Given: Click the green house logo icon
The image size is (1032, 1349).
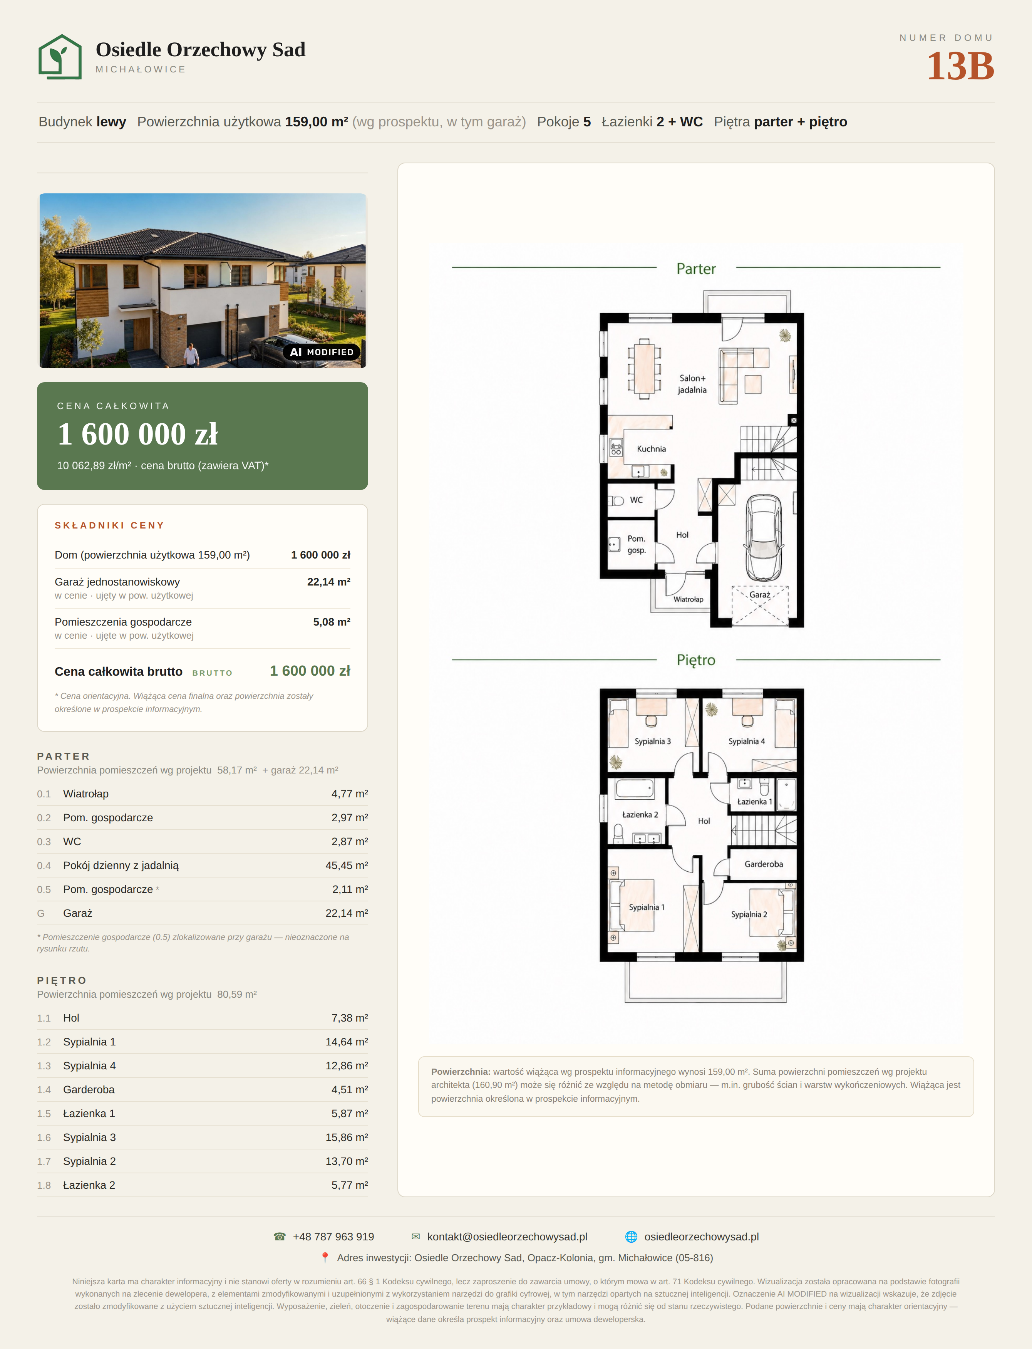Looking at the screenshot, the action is (60, 57).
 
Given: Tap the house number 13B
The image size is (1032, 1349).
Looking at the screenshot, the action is (960, 66).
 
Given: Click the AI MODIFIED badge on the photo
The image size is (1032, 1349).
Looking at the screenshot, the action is (322, 352).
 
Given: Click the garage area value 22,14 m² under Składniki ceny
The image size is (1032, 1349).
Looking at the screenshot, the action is (328, 582).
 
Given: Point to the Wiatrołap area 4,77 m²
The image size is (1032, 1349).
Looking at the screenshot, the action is (350, 794).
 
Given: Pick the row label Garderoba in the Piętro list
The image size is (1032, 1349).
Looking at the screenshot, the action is (89, 1090).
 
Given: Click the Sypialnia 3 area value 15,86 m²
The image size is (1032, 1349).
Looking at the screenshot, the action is (347, 1138).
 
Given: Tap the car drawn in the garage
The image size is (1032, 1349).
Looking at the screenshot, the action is (764, 538).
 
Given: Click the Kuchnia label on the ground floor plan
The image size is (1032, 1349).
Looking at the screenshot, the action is (651, 449).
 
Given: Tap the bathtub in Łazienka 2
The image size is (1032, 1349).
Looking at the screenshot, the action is (635, 789).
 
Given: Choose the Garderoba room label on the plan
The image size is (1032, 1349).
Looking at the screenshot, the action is (764, 864).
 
